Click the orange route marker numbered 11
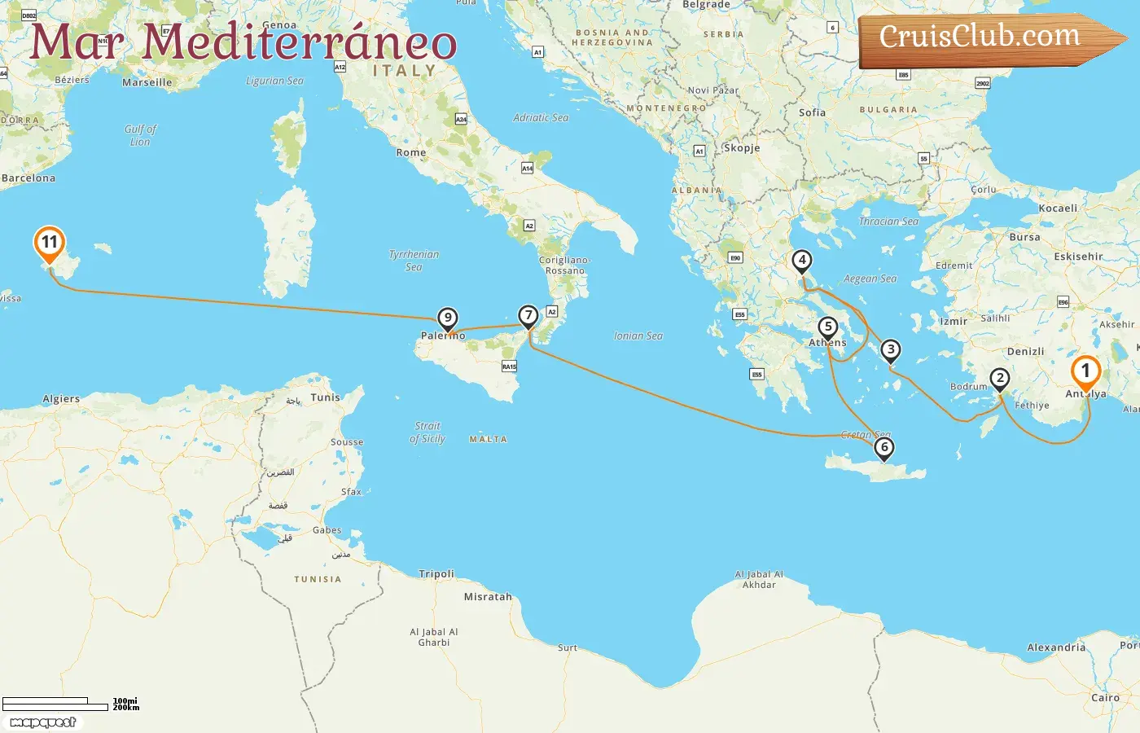[50, 243]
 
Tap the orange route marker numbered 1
[1085, 371]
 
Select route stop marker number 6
[883, 447]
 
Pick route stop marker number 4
[802, 261]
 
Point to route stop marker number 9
[447, 318]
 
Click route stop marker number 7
[528, 315]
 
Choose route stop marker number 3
[891, 350]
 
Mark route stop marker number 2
[1000, 379]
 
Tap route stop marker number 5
[828, 327]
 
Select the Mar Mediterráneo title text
[243, 42]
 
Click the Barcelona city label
[28, 178]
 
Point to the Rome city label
[411, 152]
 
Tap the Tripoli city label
[436, 574]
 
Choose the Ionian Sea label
[638, 336]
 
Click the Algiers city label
[61, 399]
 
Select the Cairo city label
[1105, 698]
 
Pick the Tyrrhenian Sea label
[414, 261]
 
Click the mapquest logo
[43, 722]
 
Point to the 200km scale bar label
[126, 708]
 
